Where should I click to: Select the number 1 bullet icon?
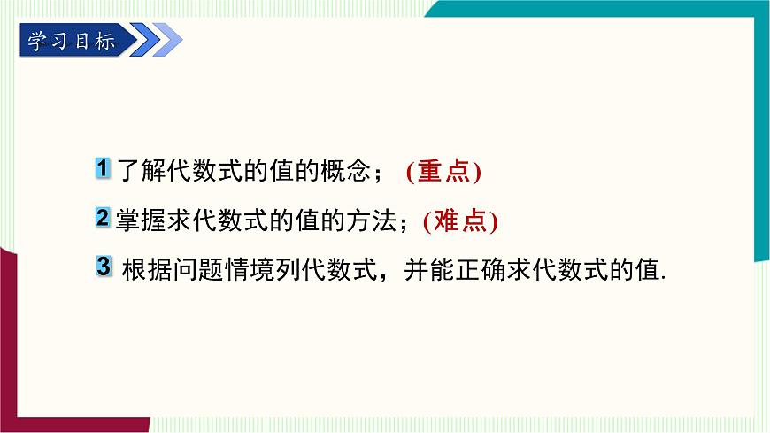(104, 169)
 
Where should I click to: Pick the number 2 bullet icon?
(103, 218)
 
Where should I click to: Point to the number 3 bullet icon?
(104, 266)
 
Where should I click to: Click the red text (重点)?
(443, 172)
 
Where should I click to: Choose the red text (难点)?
(460, 220)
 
